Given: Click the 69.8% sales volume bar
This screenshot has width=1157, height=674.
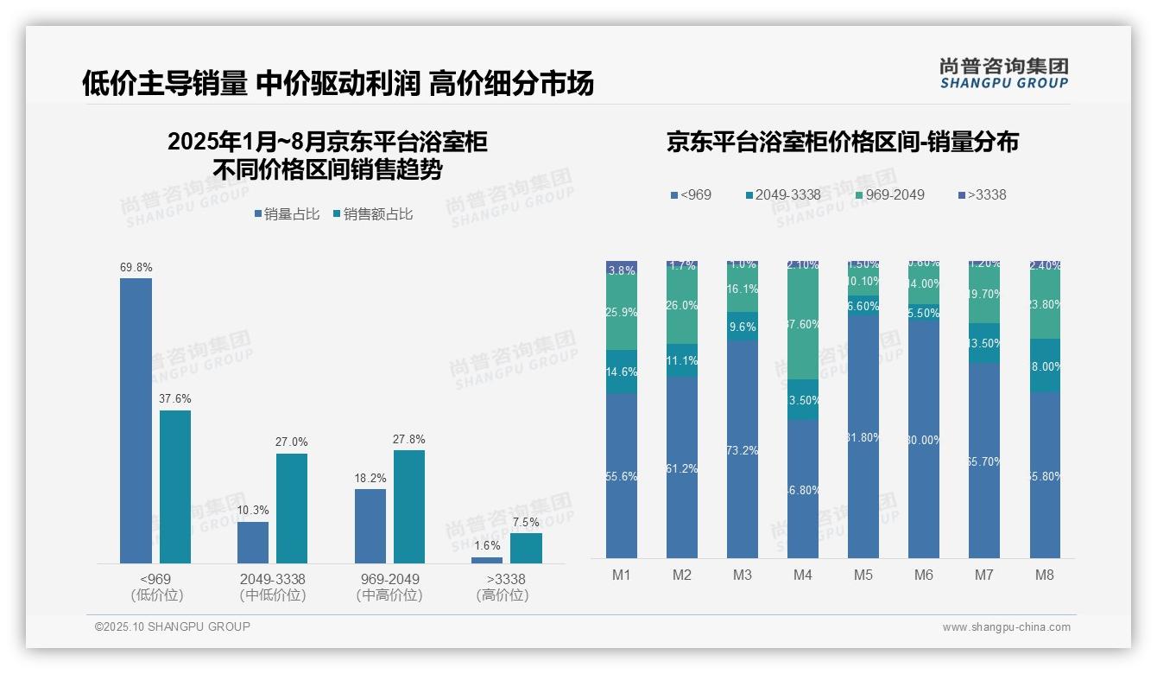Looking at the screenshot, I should tap(136, 420).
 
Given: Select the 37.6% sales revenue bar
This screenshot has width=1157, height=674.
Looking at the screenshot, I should tap(175, 486).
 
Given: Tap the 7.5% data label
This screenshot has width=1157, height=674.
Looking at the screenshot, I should tap(525, 522).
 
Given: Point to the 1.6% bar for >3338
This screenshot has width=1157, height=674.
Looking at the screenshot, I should tap(487, 560).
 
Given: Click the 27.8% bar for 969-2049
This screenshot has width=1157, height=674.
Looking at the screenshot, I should tap(409, 506).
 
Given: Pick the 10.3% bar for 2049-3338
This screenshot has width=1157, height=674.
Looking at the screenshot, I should tap(253, 542).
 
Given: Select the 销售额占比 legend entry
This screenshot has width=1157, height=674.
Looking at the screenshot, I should tap(372, 214).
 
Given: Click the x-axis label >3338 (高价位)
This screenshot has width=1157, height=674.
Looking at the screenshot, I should tap(505, 587).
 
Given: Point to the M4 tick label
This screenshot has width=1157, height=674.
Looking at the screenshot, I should tap(803, 575).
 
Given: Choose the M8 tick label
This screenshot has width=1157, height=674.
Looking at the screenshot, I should tap(1044, 575).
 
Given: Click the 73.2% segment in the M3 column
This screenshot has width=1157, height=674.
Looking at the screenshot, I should tap(743, 449).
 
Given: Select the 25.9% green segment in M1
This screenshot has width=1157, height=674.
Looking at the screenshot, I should tap(622, 313).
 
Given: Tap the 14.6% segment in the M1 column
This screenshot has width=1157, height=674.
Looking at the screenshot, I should tap(622, 372).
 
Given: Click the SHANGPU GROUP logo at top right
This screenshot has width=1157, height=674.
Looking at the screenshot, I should tap(1003, 73).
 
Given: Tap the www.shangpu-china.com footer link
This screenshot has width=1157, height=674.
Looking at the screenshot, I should tap(1006, 627).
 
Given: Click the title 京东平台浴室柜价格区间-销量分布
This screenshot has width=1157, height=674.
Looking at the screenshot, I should tap(842, 142).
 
